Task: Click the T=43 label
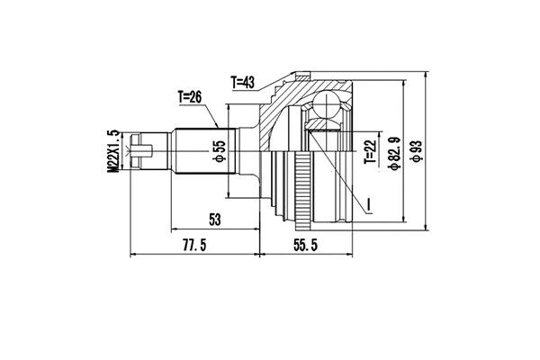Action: (242, 82)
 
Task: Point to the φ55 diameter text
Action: (218, 152)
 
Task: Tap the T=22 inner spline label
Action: (369, 151)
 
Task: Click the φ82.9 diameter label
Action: (393, 151)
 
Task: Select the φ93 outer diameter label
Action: (416, 151)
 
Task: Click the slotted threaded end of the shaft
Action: (144, 150)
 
